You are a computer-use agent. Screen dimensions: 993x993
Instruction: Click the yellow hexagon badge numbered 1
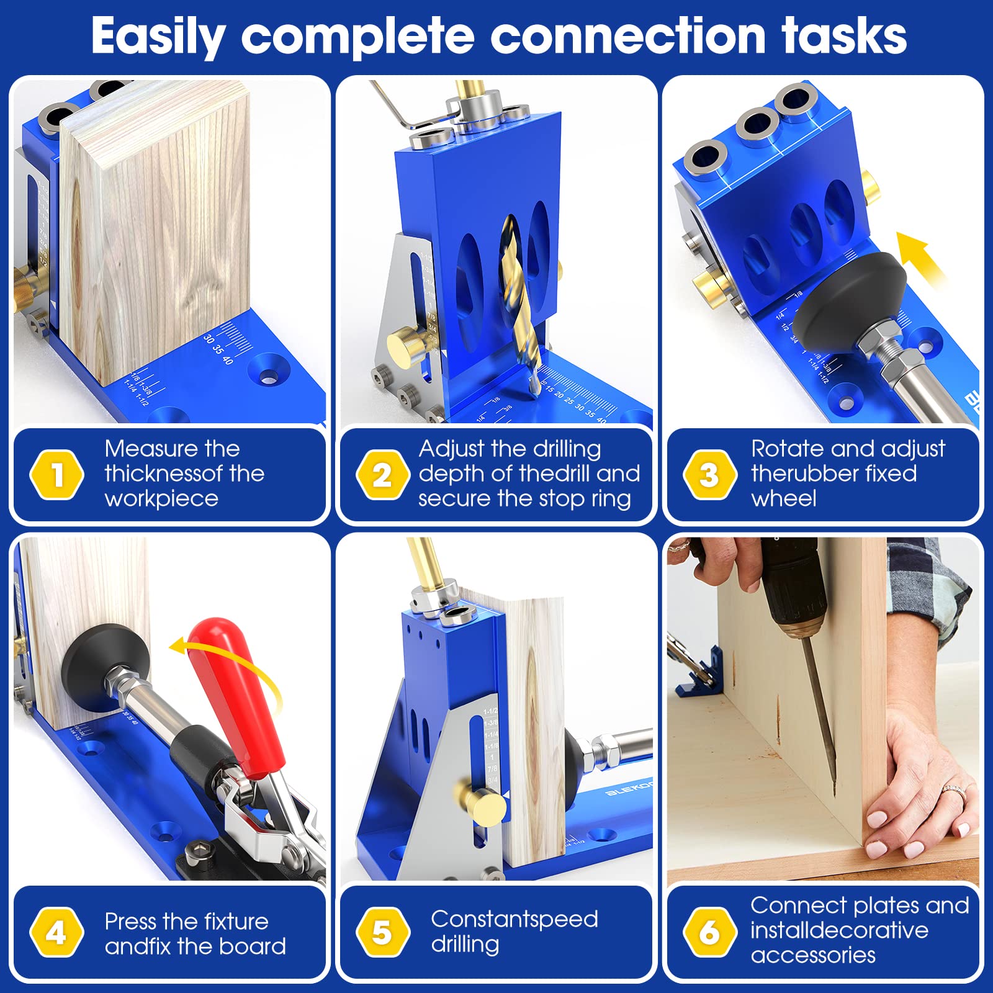pyautogui.click(x=56, y=475)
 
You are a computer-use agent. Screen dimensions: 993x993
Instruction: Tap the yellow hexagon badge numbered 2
pyautogui.click(x=382, y=475)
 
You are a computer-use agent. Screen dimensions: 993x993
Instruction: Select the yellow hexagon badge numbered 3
pyautogui.click(x=709, y=475)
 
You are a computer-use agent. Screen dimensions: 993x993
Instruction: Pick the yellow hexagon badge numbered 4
pyautogui.click(x=56, y=932)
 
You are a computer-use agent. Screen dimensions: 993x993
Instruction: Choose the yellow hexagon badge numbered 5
pyautogui.click(x=382, y=932)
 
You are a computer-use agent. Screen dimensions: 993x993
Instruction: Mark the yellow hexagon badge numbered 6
pyautogui.click(x=709, y=932)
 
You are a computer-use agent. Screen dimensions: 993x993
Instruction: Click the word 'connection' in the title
pyautogui.click(x=627, y=36)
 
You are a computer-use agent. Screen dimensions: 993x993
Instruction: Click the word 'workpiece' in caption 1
pyautogui.click(x=161, y=499)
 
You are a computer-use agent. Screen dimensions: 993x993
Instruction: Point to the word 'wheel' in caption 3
pyautogui.click(x=783, y=499)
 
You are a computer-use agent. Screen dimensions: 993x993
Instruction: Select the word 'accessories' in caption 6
pyautogui.click(x=813, y=955)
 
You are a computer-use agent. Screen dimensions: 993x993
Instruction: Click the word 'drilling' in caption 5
pyautogui.click(x=465, y=944)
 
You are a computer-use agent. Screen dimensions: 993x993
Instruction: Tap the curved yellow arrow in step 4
pyautogui.click(x=230, y=664)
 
